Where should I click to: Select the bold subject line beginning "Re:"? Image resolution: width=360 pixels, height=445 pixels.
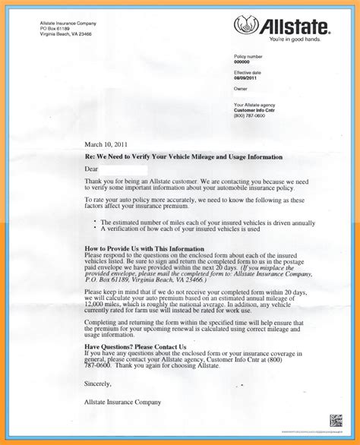coord(184,156)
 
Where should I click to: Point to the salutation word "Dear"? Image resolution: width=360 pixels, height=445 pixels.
coord(91,169)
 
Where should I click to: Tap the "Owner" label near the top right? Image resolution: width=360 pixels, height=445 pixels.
coord(241,89)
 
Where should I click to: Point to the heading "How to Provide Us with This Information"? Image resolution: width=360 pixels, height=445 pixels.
coord(144,249)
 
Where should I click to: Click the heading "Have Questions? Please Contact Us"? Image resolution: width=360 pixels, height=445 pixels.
coord(135,346)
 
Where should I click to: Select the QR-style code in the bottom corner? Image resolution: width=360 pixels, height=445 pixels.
coord(335,420)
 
